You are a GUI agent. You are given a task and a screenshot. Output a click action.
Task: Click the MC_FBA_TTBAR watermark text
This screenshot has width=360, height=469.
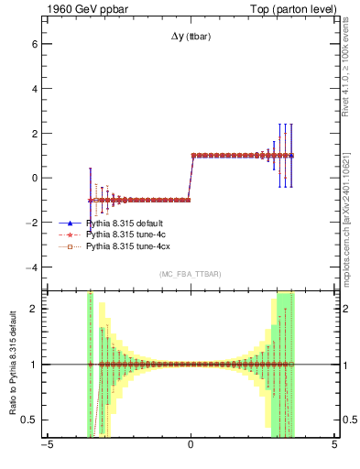click(191, 274)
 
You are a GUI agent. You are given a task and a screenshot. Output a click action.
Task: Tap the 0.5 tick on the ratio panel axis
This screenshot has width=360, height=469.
click(28, 420)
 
